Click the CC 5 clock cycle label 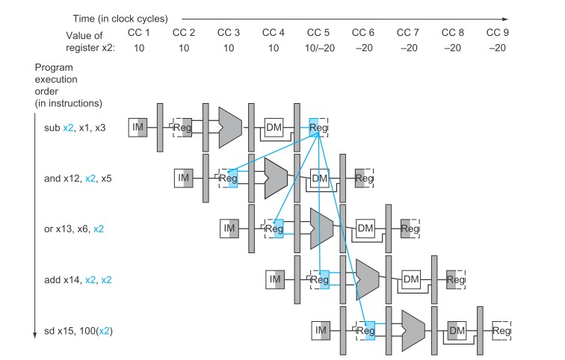tap(318, 32)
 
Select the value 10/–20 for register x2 tap(320, 48)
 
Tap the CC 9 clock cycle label tap(497, 32)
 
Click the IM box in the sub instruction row tap(138, 128)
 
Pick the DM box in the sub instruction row tap(274, 128)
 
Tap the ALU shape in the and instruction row tap(276, 179)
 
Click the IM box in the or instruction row tap(229, 229)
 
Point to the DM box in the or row tap(365, 229)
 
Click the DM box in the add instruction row tap(411, 280)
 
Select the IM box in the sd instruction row tap(321, 330)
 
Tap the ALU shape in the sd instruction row tap(413, 330)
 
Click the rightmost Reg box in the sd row tap(501, 330)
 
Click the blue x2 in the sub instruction tap(68, 128)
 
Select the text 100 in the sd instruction tap(87, 331)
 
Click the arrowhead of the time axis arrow tap(505, 19)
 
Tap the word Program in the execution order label tap(54, 68)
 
